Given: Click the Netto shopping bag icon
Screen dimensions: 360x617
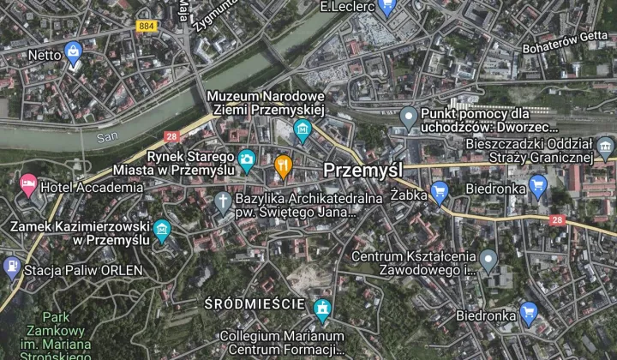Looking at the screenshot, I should point(74,51).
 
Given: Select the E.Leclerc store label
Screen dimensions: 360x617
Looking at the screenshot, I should point(347,7).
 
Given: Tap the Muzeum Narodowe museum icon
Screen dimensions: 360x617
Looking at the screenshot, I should point(302,131).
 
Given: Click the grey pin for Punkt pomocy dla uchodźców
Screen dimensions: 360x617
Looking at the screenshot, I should point(410,116).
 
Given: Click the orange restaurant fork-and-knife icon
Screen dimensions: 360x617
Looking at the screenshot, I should point(284,165).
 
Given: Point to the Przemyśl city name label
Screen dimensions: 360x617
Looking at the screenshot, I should point(363,170).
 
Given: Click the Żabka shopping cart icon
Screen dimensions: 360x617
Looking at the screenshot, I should point(440,191).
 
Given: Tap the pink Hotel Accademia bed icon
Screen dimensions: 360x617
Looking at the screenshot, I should point(29,186).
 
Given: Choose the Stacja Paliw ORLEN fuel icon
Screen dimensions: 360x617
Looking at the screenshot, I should point(11,267).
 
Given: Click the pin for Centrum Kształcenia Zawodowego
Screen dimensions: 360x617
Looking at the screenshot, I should point(488,258).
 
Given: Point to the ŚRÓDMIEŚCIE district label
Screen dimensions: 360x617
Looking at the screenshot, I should point(255,304).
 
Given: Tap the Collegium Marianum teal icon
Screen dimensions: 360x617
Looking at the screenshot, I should point(322,307).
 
